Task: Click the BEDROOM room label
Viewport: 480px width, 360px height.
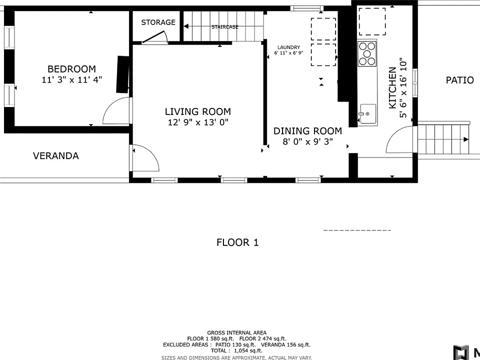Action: click(x=71, y=69)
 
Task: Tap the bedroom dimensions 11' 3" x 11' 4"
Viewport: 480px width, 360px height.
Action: click(x=71, y=80)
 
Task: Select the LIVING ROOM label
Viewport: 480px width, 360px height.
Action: click(x=198, y=111)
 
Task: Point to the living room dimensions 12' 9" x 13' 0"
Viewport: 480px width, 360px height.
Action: click(x=198, y=122)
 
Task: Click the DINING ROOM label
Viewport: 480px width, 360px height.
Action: click(x=307, y=131)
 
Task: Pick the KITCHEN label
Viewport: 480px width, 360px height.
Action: click(x=392, y=88)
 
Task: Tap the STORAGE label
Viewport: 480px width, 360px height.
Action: click(x=158, y=22)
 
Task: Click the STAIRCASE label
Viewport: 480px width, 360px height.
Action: click(x=224, y=27)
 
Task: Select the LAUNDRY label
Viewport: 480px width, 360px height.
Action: click(x=288, y=47)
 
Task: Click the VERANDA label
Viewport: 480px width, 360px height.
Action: click(x=56, y=156)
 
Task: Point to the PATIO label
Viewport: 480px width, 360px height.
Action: click(x=460, y=80)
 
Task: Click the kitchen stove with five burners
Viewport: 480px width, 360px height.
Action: click(x=367, y=54)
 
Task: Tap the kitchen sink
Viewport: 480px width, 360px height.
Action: click(x=367, y=113)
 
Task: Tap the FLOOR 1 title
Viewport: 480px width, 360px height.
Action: click(x=237, y=243)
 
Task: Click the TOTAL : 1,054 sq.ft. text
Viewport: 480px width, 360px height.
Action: click(x=236, y=351)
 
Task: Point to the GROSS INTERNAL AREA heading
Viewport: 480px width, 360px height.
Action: click(x=236, y=333)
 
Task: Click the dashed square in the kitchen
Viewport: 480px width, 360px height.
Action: click(x=372, y=21)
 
